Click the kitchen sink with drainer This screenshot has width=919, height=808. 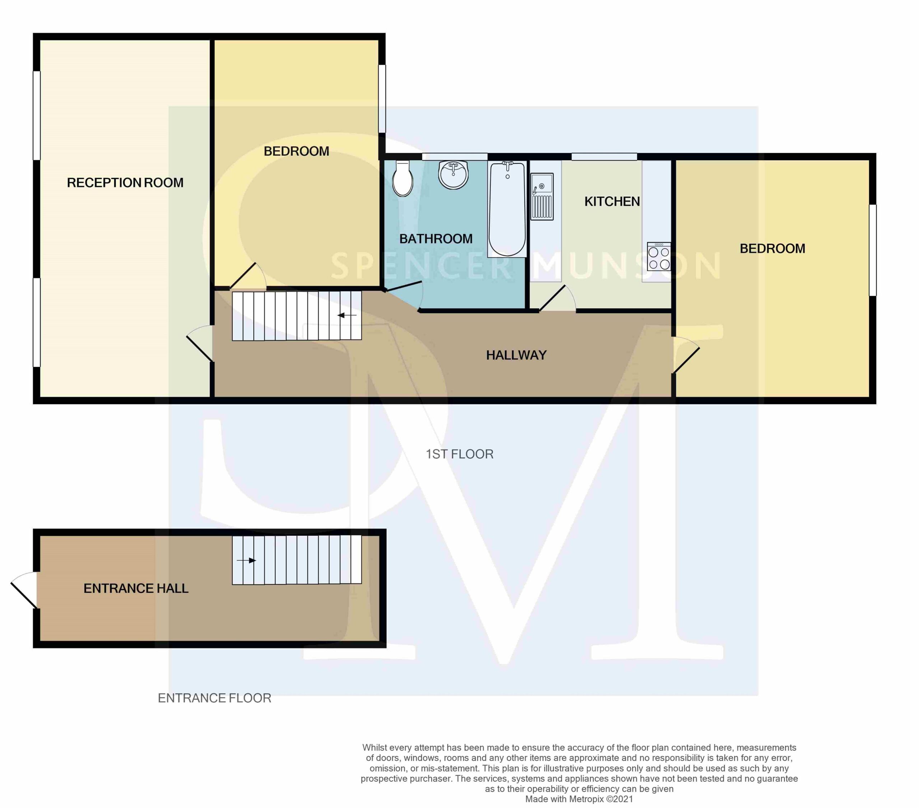pyautogui.click(x=542, y=196)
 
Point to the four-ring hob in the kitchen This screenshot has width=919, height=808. pyautogui.click(x=659, y=256)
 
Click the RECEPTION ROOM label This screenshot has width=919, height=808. pyautogui.click(x=125, y=183)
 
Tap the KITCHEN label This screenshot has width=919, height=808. pyautogui.click(x=612, y=201)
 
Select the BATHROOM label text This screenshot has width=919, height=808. pyautogui.click(x=436, y=239)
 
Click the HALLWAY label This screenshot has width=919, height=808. pyautogui.click(x=516, y=356)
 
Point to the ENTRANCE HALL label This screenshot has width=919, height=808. pyautogui.click(x=136, y=589)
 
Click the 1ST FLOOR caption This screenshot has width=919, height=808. pyautogui.click(x=459, y=454)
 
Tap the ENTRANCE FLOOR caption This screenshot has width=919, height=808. pyautogui.click(x=214, y=698)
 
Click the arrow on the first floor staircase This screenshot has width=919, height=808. pyautogui.click(x=347, y=315)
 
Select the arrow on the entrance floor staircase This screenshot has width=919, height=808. pyautogui.click(x=246, y=561)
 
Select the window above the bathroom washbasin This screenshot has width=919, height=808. pyautogui.click(x=454, y=157)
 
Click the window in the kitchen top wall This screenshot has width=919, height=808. pyautogui.click(x=604, y=157)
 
